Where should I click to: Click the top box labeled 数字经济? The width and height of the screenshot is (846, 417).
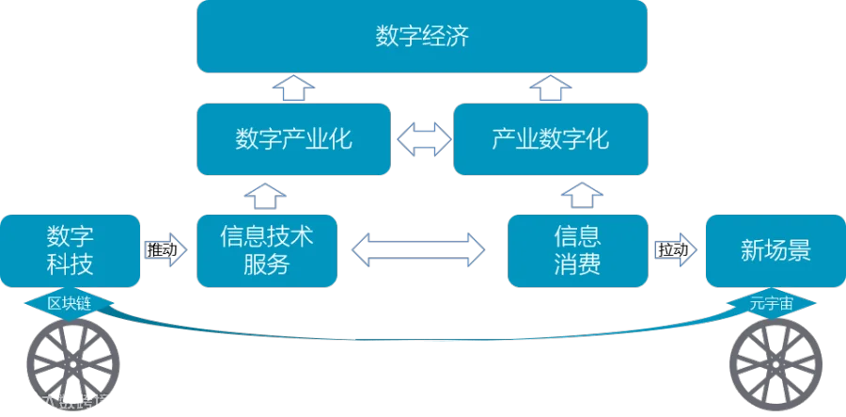click(x=422, y=38)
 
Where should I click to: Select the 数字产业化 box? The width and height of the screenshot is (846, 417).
click(x=292, y=139)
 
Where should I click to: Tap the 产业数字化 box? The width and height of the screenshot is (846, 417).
click(x=550, y=139)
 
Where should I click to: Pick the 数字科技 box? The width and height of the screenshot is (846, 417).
click(x=70, y=249)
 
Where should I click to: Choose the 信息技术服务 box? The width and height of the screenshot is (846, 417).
click(x=266, y=249)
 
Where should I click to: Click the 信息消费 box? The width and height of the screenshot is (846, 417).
click(x=577, y=249)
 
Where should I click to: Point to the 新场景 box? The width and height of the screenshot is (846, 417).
click(x=775, y=250)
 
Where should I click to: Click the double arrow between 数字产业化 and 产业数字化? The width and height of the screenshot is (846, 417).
click(x=421, y=139)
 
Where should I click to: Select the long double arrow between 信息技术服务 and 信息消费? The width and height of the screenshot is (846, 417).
click(x=417, y=249)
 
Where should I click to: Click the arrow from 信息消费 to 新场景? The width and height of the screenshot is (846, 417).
click(x=676, y=250)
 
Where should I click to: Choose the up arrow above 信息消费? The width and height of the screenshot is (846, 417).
click(x=577, y=196)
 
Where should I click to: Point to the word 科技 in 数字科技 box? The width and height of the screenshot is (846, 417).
click(x=70, y=265)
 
